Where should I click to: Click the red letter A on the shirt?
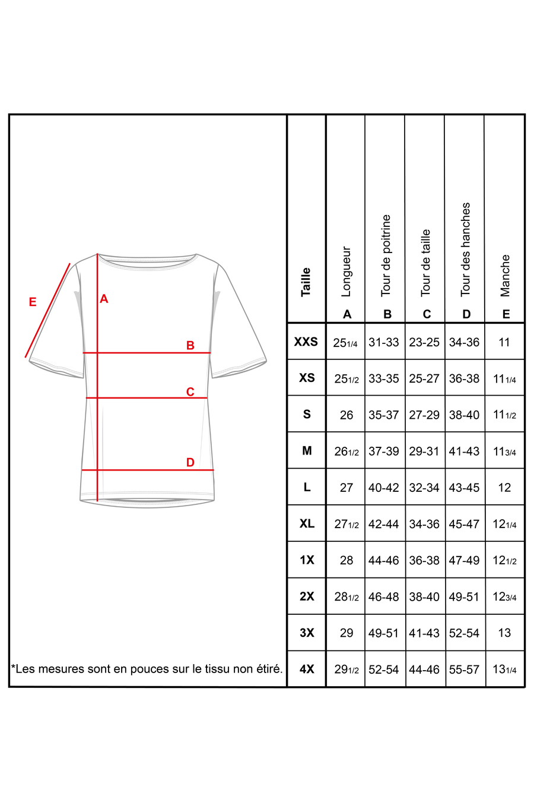104,299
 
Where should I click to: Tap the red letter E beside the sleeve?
33,302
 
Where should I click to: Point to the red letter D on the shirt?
190,462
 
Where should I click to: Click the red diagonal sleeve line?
48,310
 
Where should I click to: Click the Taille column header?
306,282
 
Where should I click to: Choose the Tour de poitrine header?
386,255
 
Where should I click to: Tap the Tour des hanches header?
466,250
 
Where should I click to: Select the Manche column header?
505,275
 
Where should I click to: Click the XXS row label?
306,342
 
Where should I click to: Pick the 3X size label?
307,633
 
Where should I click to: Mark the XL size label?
307,523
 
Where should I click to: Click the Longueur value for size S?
347,415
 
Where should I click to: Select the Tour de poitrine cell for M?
384,451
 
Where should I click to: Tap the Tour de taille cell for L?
424,488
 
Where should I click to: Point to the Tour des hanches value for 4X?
464,670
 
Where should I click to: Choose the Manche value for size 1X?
504,560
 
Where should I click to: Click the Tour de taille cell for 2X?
424,596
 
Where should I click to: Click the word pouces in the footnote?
150,669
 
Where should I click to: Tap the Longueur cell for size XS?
347,378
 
